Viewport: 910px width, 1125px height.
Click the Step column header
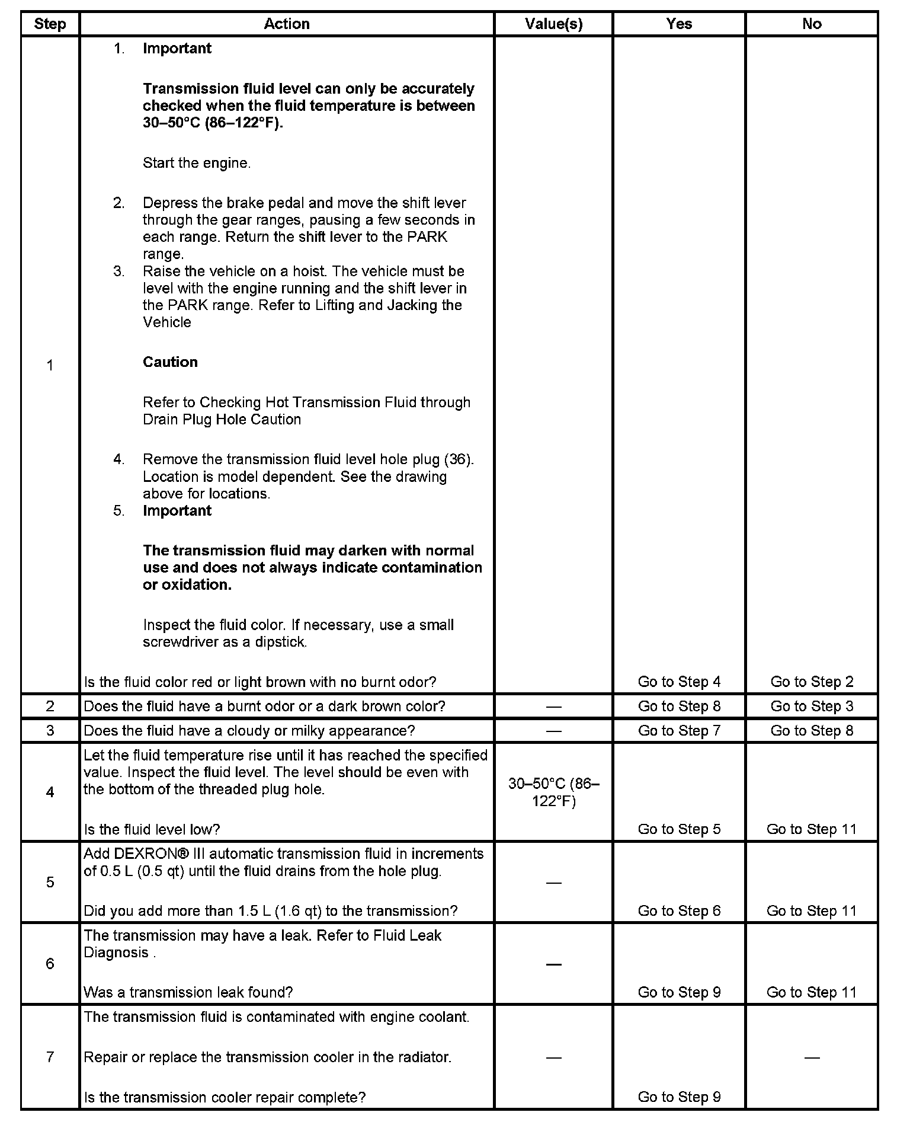(50, 24)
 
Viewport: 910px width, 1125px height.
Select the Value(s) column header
(553, 24)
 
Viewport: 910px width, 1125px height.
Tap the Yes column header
(679, 24)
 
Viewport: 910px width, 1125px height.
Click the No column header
(812, 24)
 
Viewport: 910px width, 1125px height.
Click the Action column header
(287, 24)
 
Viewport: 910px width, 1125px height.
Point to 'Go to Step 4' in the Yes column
(679, 682)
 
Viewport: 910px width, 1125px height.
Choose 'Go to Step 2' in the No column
(812, 682)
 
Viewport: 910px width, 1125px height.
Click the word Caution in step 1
(170, 362)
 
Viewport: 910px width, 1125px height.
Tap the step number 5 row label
(50, 882)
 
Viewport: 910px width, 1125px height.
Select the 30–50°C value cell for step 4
(553, 792)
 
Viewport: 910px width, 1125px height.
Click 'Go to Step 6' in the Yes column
(679, 911)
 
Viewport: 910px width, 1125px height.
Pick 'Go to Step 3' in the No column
(812, 706)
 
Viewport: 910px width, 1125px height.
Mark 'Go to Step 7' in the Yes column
(679, 731)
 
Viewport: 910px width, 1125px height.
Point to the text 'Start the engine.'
(197, 163)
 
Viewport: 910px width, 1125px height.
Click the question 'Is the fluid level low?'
(152, 829)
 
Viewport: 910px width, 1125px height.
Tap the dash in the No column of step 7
(812, 1057)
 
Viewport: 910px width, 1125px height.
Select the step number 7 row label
(50, 1057)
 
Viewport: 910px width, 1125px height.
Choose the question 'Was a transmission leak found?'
(188, 992)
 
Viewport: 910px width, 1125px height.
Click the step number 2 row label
(50, 706)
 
